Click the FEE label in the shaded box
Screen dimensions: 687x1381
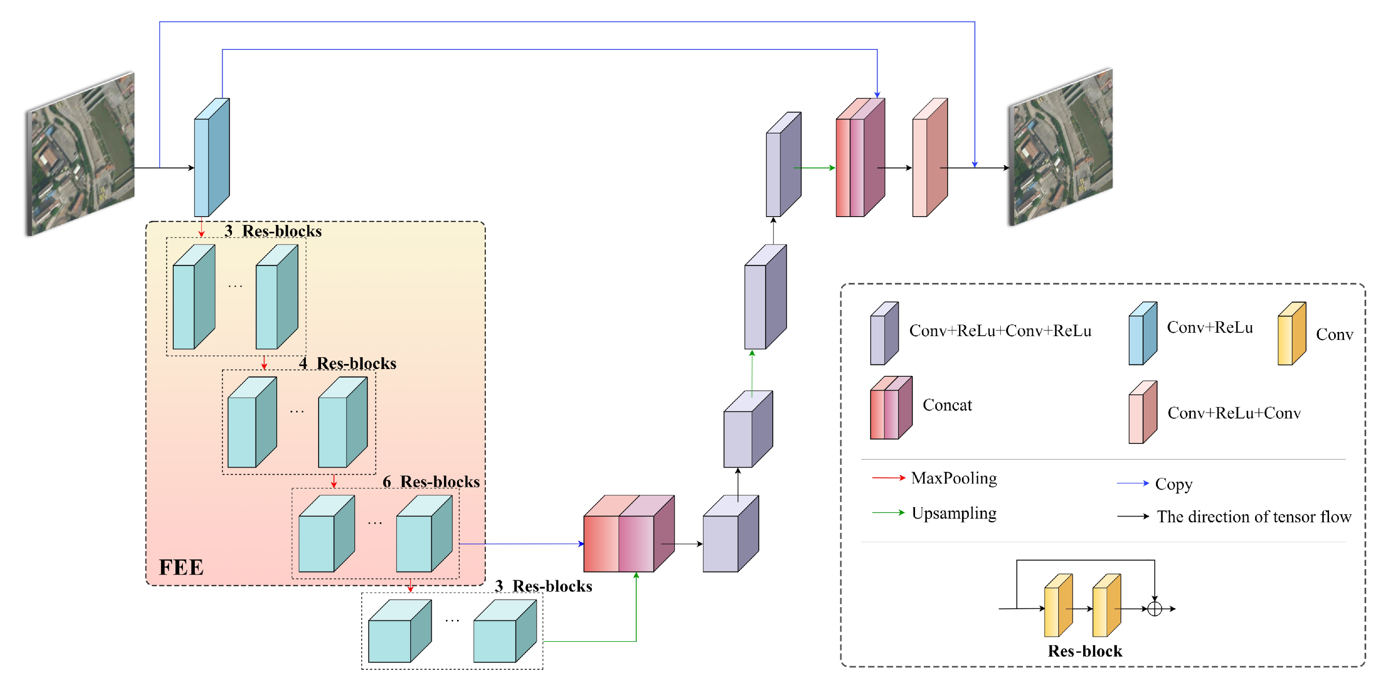[181, 567]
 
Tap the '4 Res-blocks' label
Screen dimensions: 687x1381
[347, 363]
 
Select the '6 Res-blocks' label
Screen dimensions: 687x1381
[431, 481]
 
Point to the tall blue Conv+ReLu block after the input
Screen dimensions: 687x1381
[211, 158]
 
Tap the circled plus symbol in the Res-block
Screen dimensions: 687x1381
[1154, 609]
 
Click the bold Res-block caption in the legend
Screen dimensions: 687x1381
[1084, 651]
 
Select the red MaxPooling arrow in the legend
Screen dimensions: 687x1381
[888, 478]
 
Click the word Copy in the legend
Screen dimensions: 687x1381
[1174, 484]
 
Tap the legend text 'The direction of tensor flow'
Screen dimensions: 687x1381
[1253, 516]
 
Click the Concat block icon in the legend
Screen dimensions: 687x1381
[891, 408]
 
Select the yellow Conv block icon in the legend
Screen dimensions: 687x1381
[1291, 334]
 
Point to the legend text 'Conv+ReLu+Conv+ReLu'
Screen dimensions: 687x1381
[1000, 331]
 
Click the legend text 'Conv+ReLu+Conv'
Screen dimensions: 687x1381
[1234, 413]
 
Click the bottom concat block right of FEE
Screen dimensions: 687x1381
[628, 534]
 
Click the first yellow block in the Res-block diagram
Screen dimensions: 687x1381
[1058, 606]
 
